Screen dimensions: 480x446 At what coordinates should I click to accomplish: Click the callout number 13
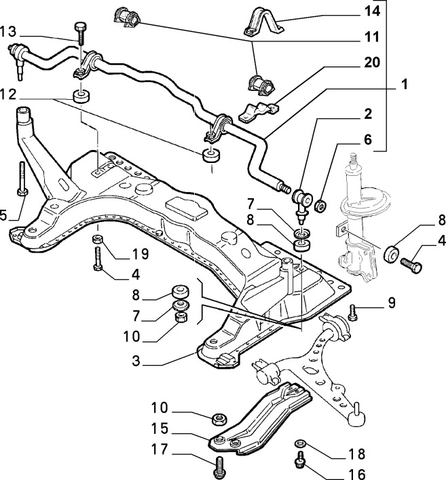coord(9,31)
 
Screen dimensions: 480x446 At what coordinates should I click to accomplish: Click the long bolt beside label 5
coord(22,179)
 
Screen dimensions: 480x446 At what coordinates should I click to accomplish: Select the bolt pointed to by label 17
coord(219,466)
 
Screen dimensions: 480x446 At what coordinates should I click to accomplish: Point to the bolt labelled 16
coord(298,461)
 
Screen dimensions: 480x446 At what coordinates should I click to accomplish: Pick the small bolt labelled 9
coord(352,312)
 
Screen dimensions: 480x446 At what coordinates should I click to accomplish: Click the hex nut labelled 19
coord(98,239)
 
